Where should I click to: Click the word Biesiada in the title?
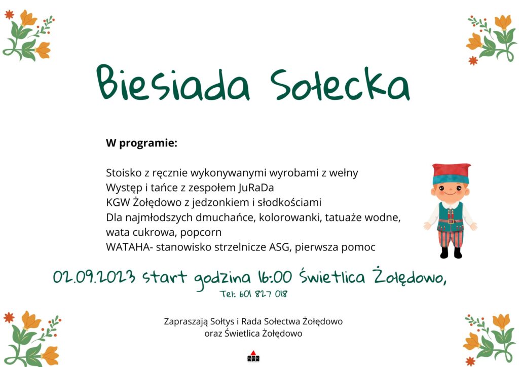point(173,83)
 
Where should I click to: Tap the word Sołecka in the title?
point(340,84)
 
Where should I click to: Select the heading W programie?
point(142,143)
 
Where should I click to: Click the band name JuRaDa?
point(256,188)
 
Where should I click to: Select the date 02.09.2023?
point(94,277)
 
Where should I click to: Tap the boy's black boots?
point(451,252)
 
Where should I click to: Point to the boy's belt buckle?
point(450,221)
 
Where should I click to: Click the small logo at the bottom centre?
point(253,357)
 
